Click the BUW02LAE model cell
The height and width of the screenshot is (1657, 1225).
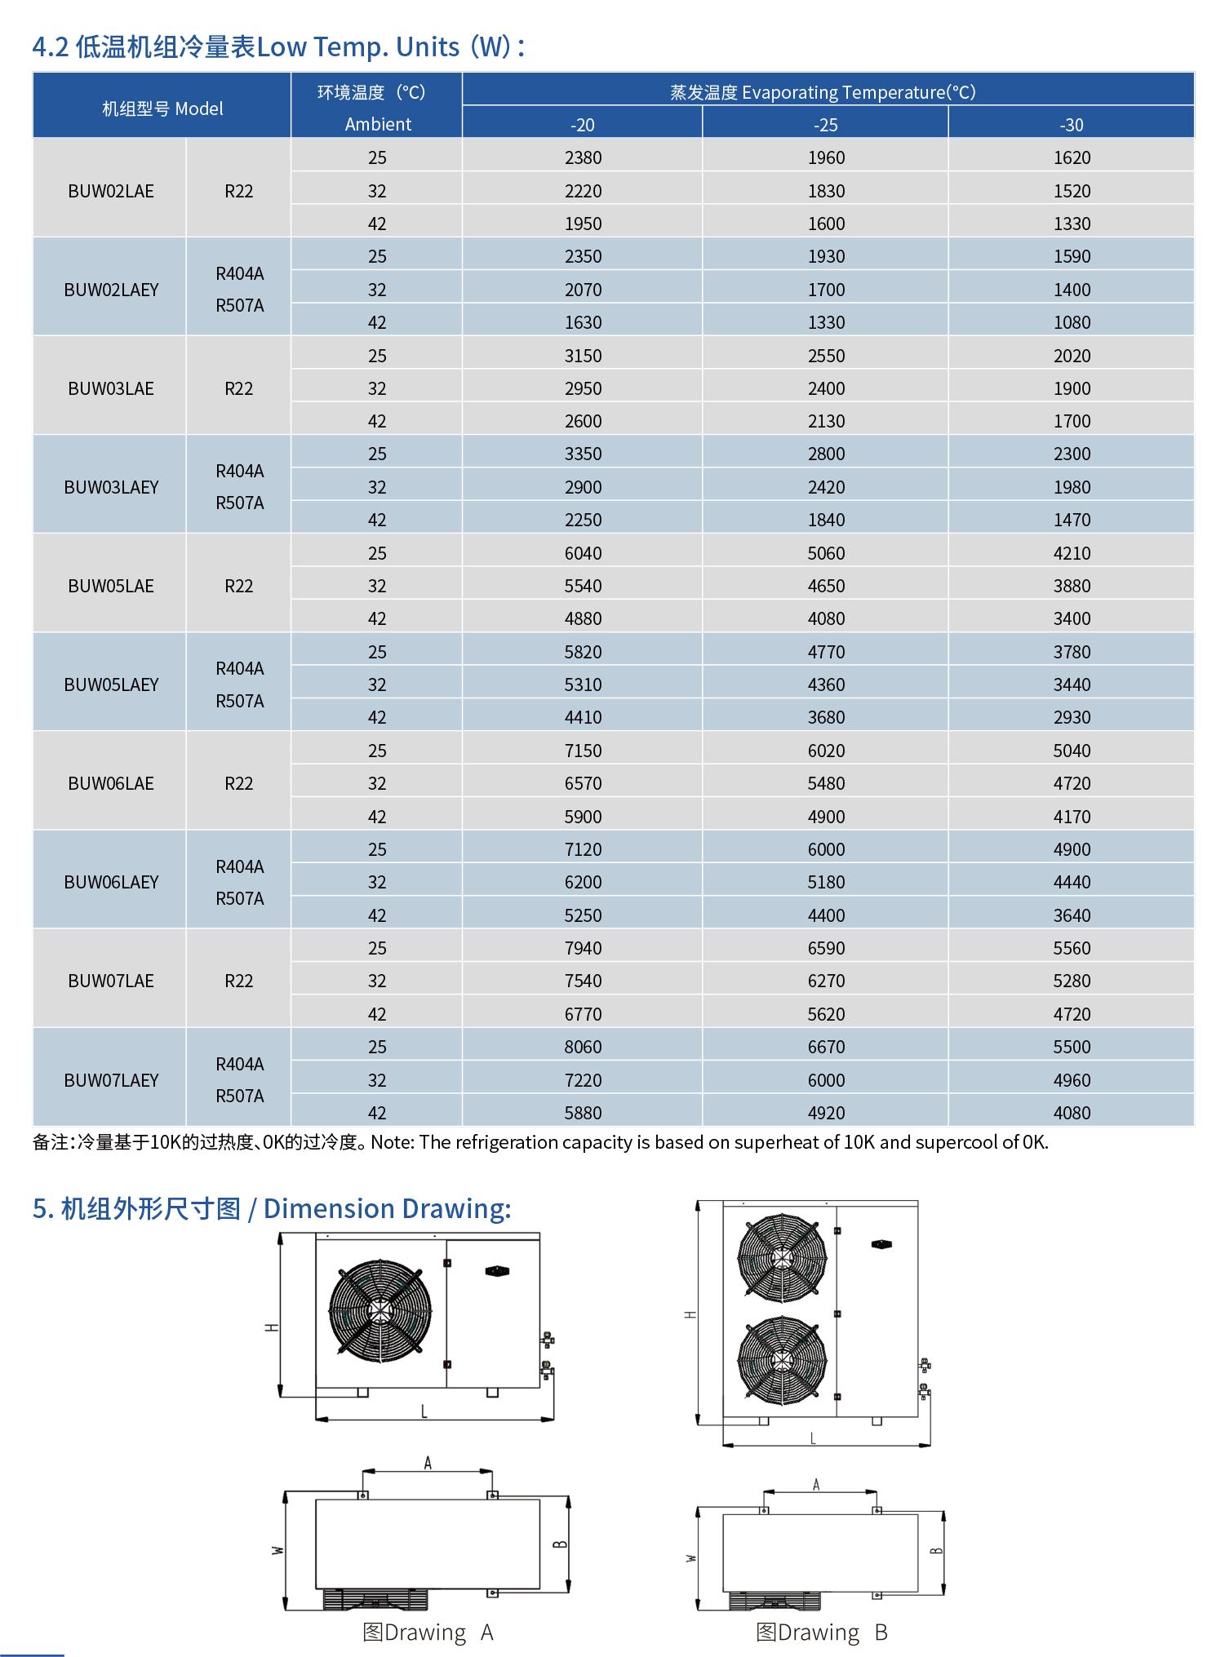[111, 191]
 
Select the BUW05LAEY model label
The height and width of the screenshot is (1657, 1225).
[111, 685]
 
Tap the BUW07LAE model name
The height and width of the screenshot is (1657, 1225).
[111, 981]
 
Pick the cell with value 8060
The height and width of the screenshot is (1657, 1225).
[583, 1047]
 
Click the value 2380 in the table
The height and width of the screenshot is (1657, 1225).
[583, 157]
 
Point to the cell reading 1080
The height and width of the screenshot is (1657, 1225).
[1072, 322]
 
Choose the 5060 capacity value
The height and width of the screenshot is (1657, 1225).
[826, 553]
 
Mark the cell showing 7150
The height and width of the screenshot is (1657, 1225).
[583, 751]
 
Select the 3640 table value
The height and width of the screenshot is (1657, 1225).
[1072, 915]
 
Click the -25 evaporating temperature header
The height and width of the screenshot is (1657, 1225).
[826, 125]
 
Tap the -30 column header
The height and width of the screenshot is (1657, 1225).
[1072, 125]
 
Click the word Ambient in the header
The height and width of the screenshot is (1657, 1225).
[378, 124]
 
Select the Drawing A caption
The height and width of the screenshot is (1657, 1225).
[428, 1633]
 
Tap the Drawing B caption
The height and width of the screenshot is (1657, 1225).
[821, 1633]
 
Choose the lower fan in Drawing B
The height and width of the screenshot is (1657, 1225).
[782, 1360]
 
